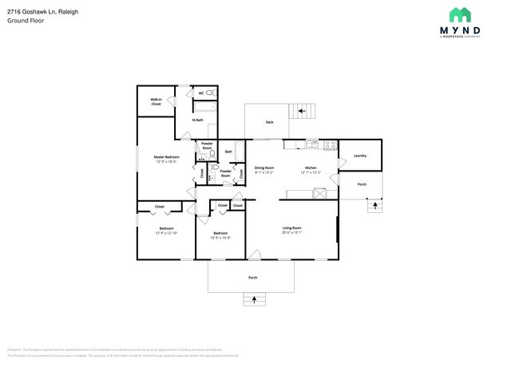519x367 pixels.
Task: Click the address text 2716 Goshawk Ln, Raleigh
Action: click(x=37, y=11)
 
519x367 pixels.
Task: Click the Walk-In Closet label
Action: click(x=156, y=101)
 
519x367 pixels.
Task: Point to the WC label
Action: click(x=201, y=93)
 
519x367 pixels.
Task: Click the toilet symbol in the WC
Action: click(x=211, y=93)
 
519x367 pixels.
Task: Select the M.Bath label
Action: click(x=197, y=120)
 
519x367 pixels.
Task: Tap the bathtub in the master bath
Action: click(x=205, y=106)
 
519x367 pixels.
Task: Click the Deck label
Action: click(x=270, y=122)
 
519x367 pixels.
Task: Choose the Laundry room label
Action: click(x=359, y=156)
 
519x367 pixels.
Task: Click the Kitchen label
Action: click(x=311, y=168)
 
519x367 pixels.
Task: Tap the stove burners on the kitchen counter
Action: click(x=311, y=144)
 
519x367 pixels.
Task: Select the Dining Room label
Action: click(x=264, y=168)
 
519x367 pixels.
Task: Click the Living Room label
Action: click(x=291, y=228)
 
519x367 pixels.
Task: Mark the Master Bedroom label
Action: click(x=166, y=157)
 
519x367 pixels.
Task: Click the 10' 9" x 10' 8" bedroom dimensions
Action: click(x=220, y=238)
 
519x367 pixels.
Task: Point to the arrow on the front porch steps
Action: click(x=255, y=300)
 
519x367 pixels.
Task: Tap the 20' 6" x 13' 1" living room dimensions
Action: click(x=291, y=233)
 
